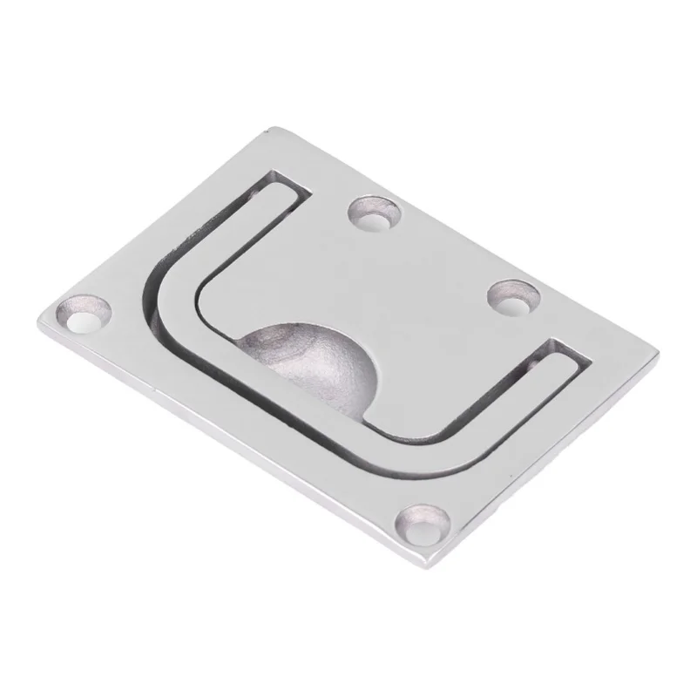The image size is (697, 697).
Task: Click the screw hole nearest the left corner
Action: coord(84,316)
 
